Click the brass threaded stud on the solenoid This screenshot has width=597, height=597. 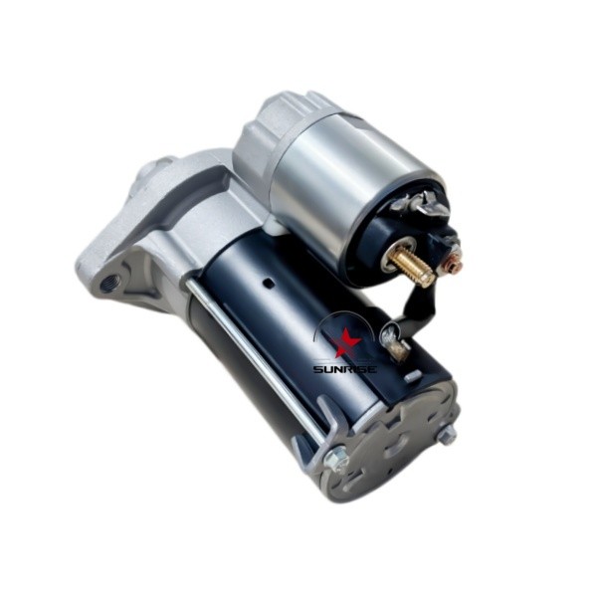point(412,265)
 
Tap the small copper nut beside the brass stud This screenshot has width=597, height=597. point(453,263)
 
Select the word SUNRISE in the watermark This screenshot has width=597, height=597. point(345,369)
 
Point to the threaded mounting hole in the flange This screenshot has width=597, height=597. point(110,283)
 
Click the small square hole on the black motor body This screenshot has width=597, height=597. point(270,283)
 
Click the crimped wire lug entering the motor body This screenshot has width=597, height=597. point(394,339)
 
